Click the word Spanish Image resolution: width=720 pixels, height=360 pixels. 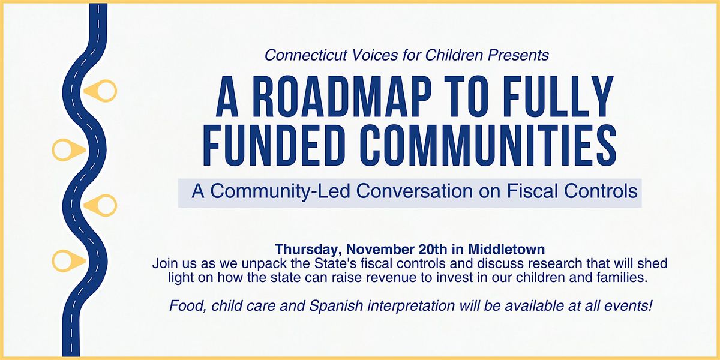(341, 305)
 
